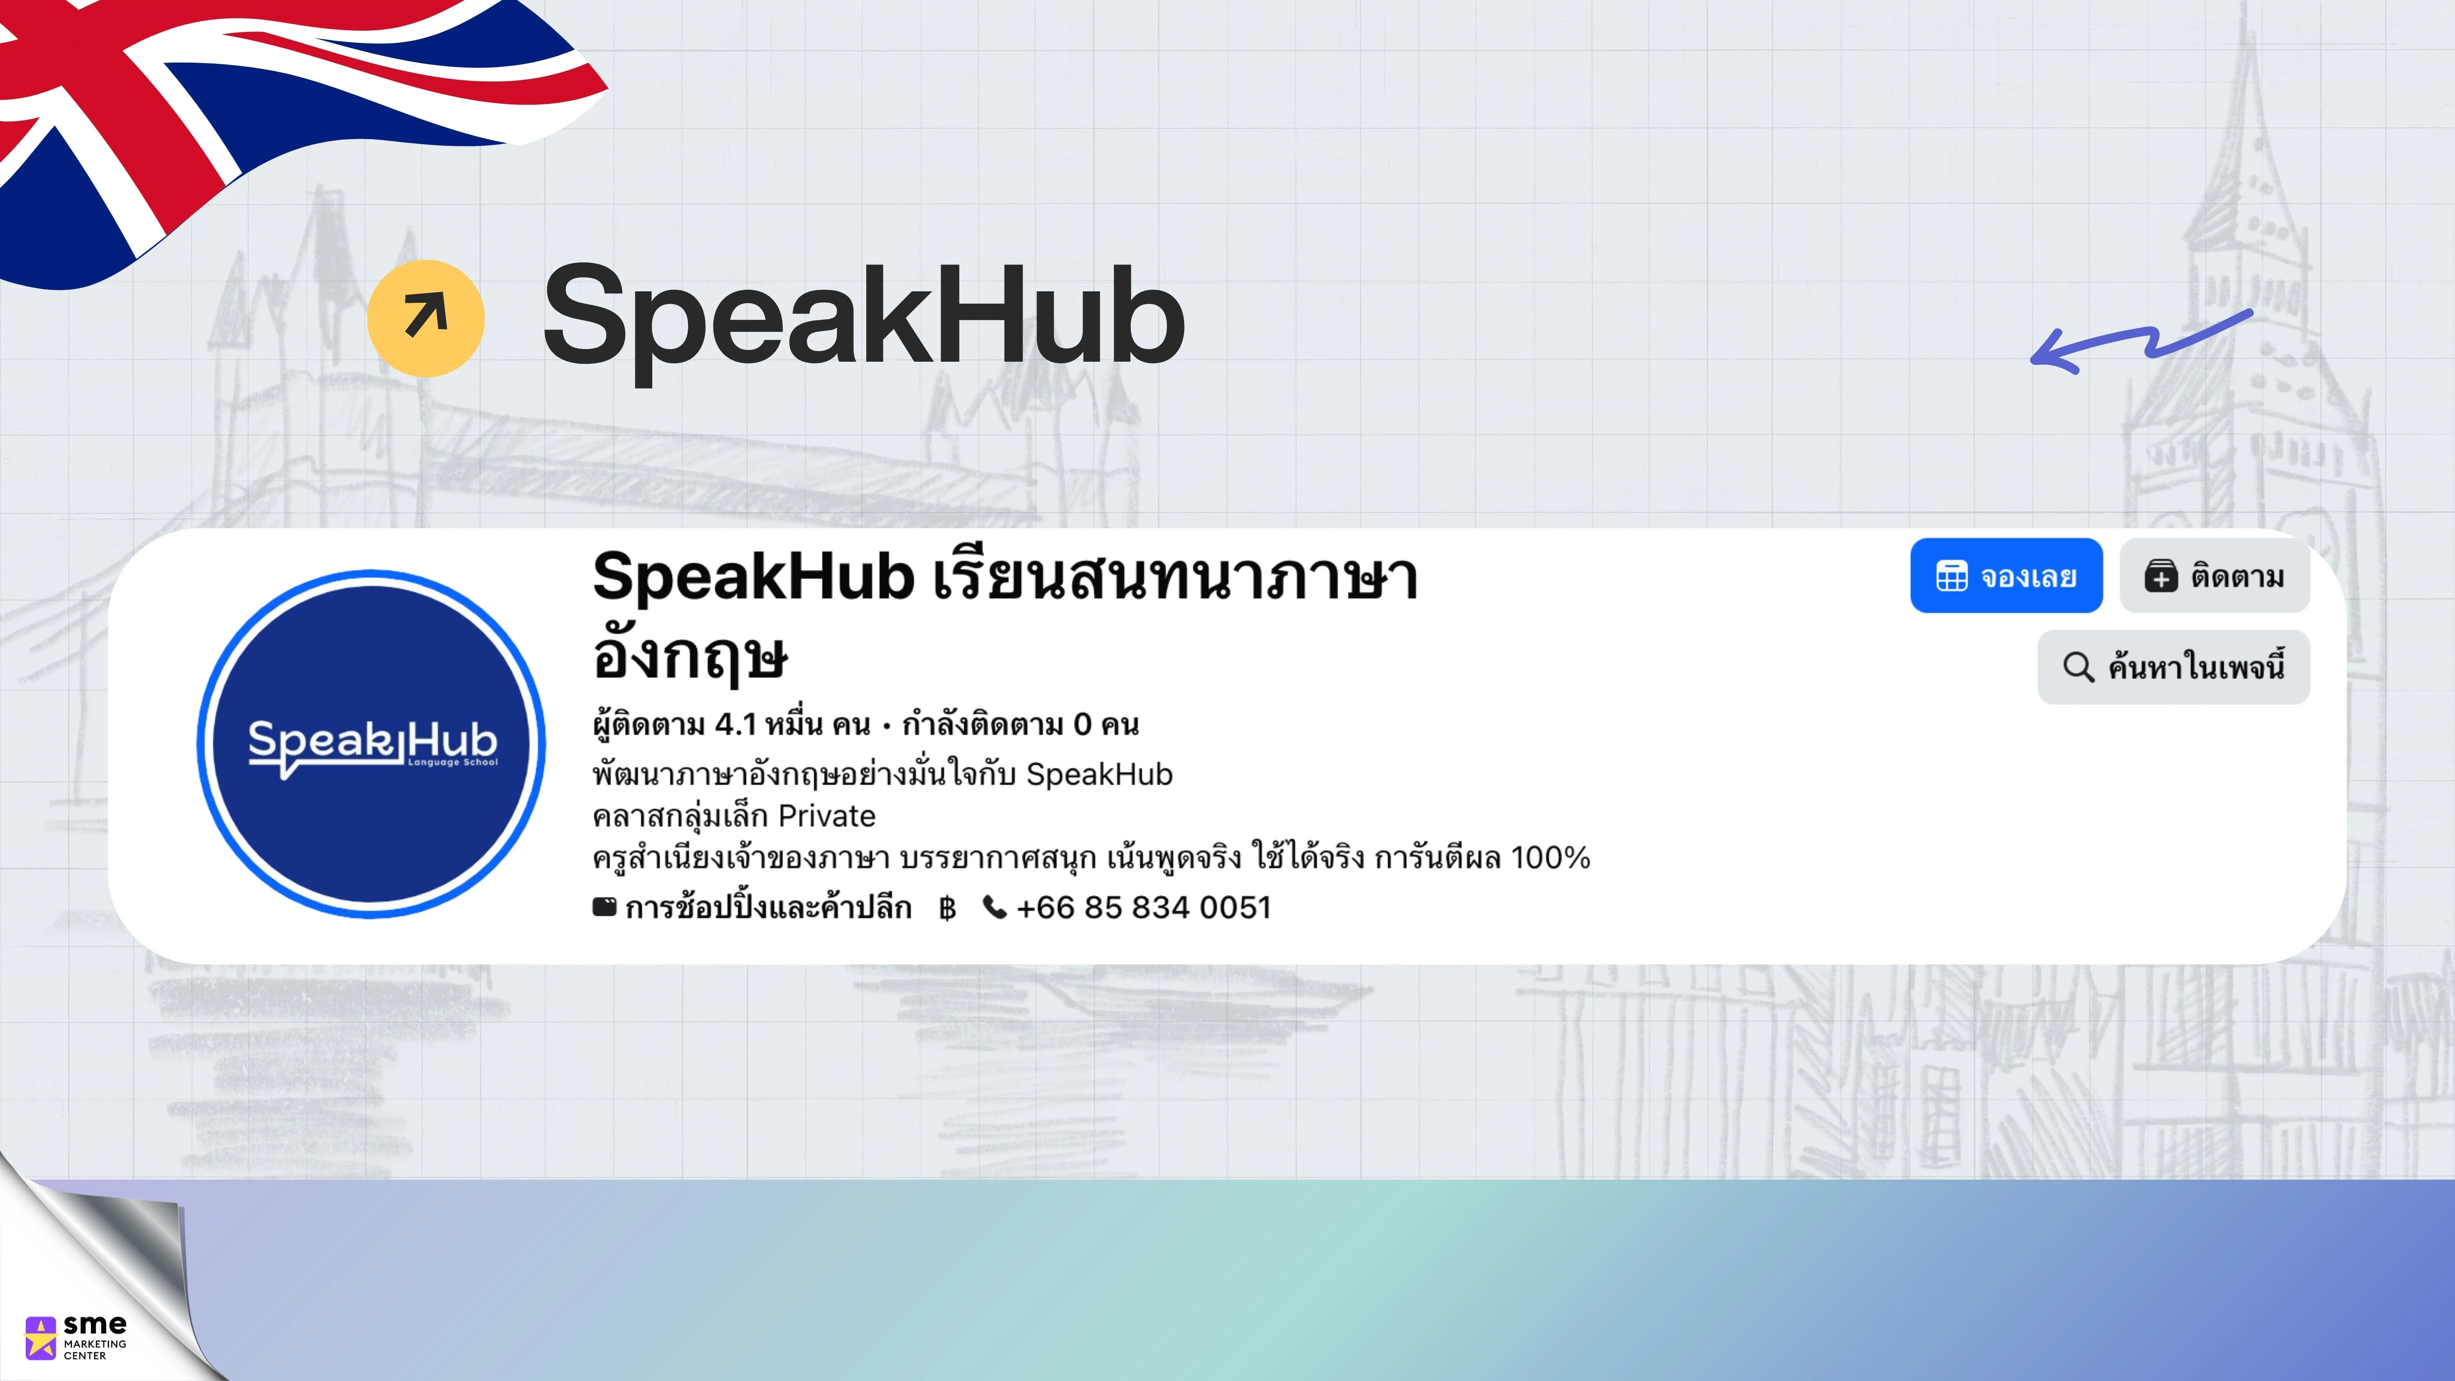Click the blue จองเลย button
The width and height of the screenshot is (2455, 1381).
coord(2006,576)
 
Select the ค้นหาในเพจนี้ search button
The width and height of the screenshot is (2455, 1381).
coord(2174,667)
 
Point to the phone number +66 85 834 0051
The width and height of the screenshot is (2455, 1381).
coord(1144,907)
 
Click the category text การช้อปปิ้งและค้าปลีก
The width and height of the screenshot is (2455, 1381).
coord(768,907)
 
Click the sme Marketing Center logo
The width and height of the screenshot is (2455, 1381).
coord(75,1337)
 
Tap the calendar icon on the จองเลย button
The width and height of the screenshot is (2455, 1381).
coord(1952,576)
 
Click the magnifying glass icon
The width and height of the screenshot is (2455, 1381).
coord(2079,667)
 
